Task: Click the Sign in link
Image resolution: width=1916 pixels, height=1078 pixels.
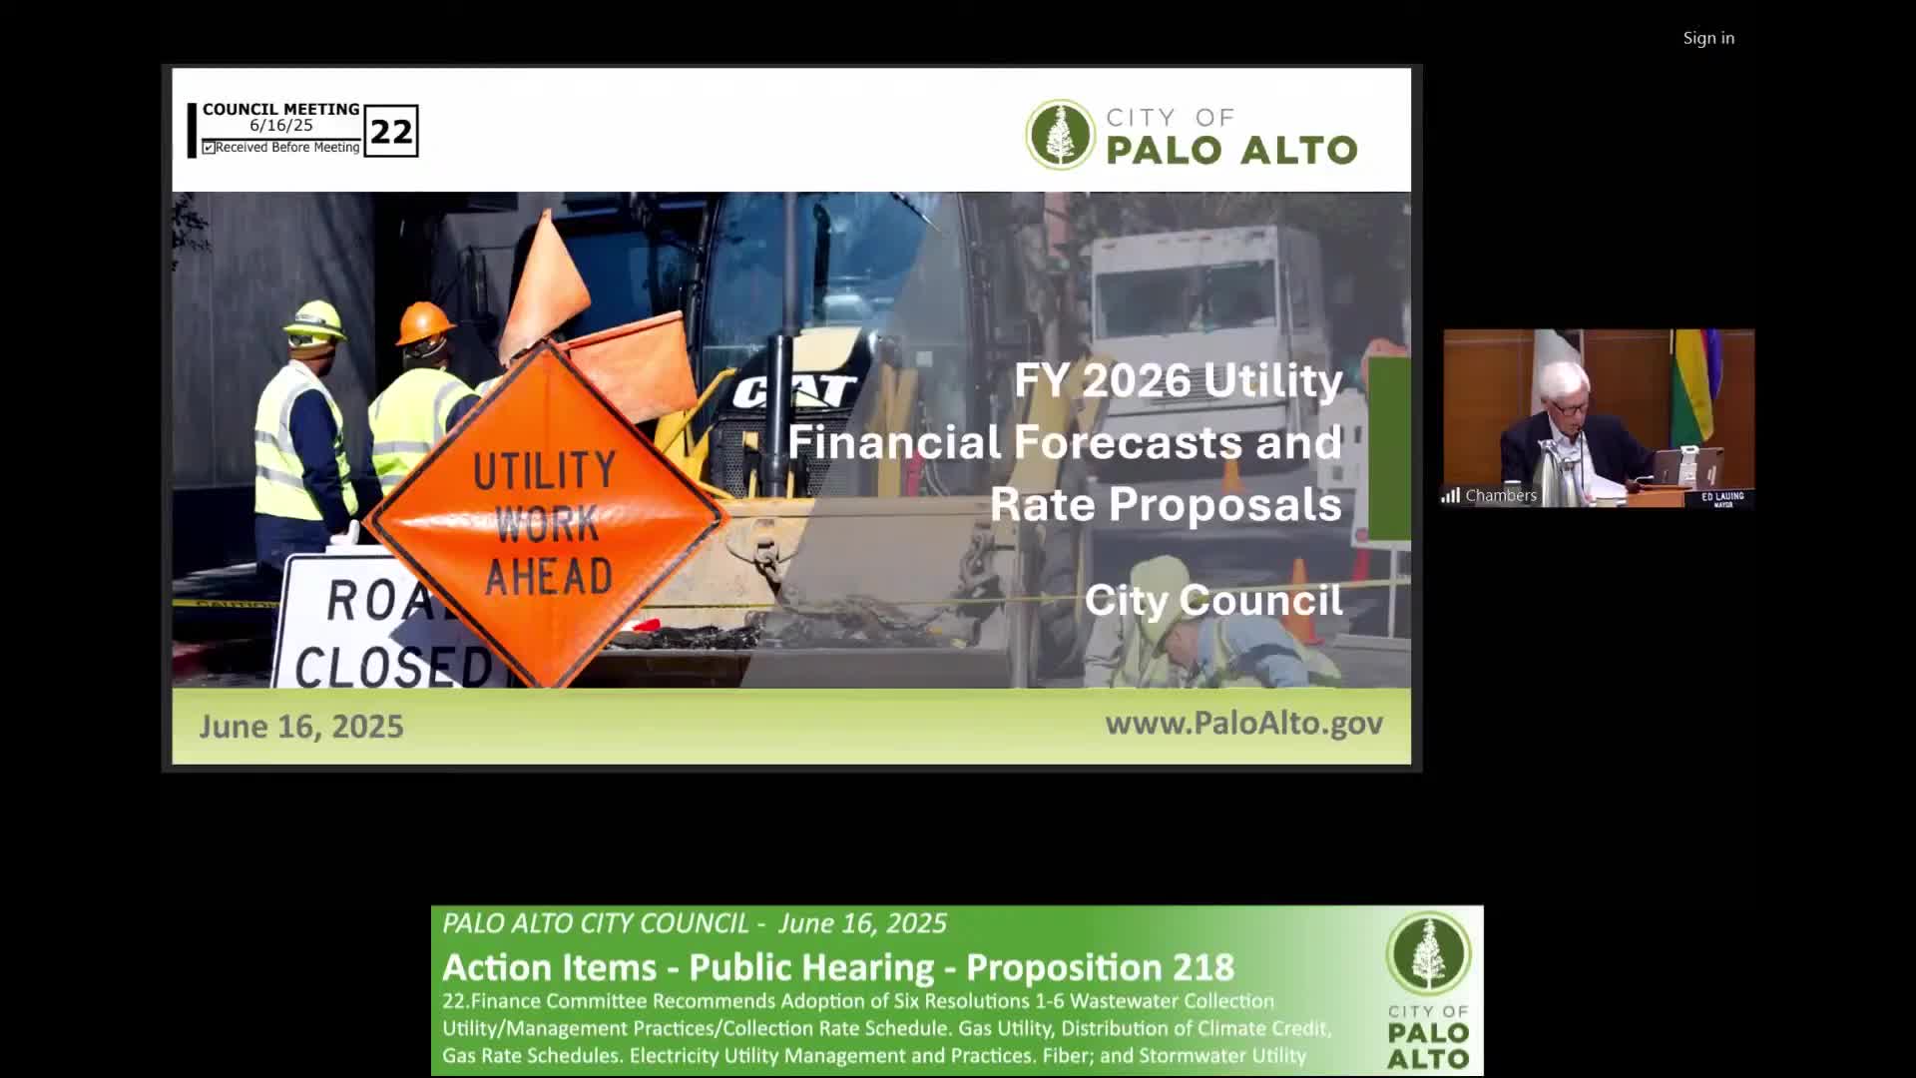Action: click(x=1708, y=38)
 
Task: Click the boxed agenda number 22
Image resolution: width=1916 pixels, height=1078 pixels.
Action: click(x=391, y=131)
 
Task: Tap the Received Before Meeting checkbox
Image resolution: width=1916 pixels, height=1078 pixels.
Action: click(x=209, y=148)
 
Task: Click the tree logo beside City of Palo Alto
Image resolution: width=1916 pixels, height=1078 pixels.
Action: click(x=1060, y=134)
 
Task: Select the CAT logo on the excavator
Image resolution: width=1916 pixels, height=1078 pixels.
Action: click(x=795, y=390)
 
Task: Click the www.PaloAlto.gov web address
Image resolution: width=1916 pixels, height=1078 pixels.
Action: click(x=1243, y=723)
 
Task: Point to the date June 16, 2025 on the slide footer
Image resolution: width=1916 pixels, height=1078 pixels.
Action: click(x=301, y=726)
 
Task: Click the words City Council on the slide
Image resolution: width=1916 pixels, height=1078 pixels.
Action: click(x=1213, y=600)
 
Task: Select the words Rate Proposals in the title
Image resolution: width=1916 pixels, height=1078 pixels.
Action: click(x=1166, y=504)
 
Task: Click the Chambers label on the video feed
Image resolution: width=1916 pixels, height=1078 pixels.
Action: click(x=1500, y=495)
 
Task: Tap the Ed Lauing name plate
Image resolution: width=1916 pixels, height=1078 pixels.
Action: click(x=1722, y=499)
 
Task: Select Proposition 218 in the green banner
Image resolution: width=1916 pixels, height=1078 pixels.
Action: click(x=1100, y=967)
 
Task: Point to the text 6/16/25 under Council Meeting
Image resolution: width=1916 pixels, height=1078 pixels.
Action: click(x=281, y=126)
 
